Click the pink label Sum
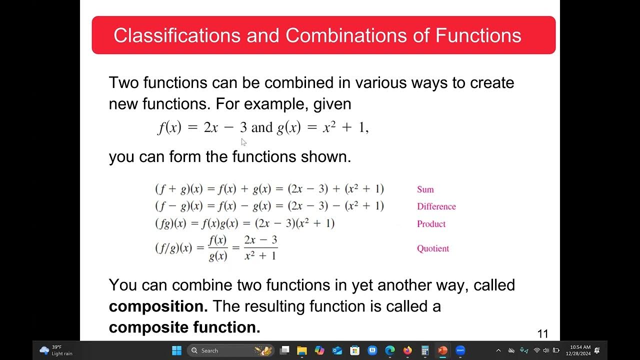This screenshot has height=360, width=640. tap(425, 189)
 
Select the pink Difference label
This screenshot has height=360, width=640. tap(436, 206)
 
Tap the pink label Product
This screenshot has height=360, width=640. tap(431, 224)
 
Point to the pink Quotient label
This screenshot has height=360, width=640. tap(433, 248)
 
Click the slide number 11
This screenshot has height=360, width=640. tap(542, 334)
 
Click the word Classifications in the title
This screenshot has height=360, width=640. tap(177, 35)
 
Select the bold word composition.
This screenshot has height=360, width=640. tap(158, 306)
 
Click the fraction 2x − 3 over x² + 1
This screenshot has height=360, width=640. tap(260, 248)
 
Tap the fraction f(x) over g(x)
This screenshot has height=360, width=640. tap(218, 248)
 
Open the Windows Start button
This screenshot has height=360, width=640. tap(176, 350)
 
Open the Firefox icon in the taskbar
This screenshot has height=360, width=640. tap(407, 350)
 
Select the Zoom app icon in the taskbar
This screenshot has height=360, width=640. tap(460, 350)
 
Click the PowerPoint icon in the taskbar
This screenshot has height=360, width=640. tap(442, 350)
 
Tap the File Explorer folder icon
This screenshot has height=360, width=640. tap(302, 350)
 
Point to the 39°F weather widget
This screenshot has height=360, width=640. tap(56, 350)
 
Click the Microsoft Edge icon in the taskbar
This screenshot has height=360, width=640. tap(390, 350)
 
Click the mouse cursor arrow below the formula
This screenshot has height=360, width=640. tap(243, 142)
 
